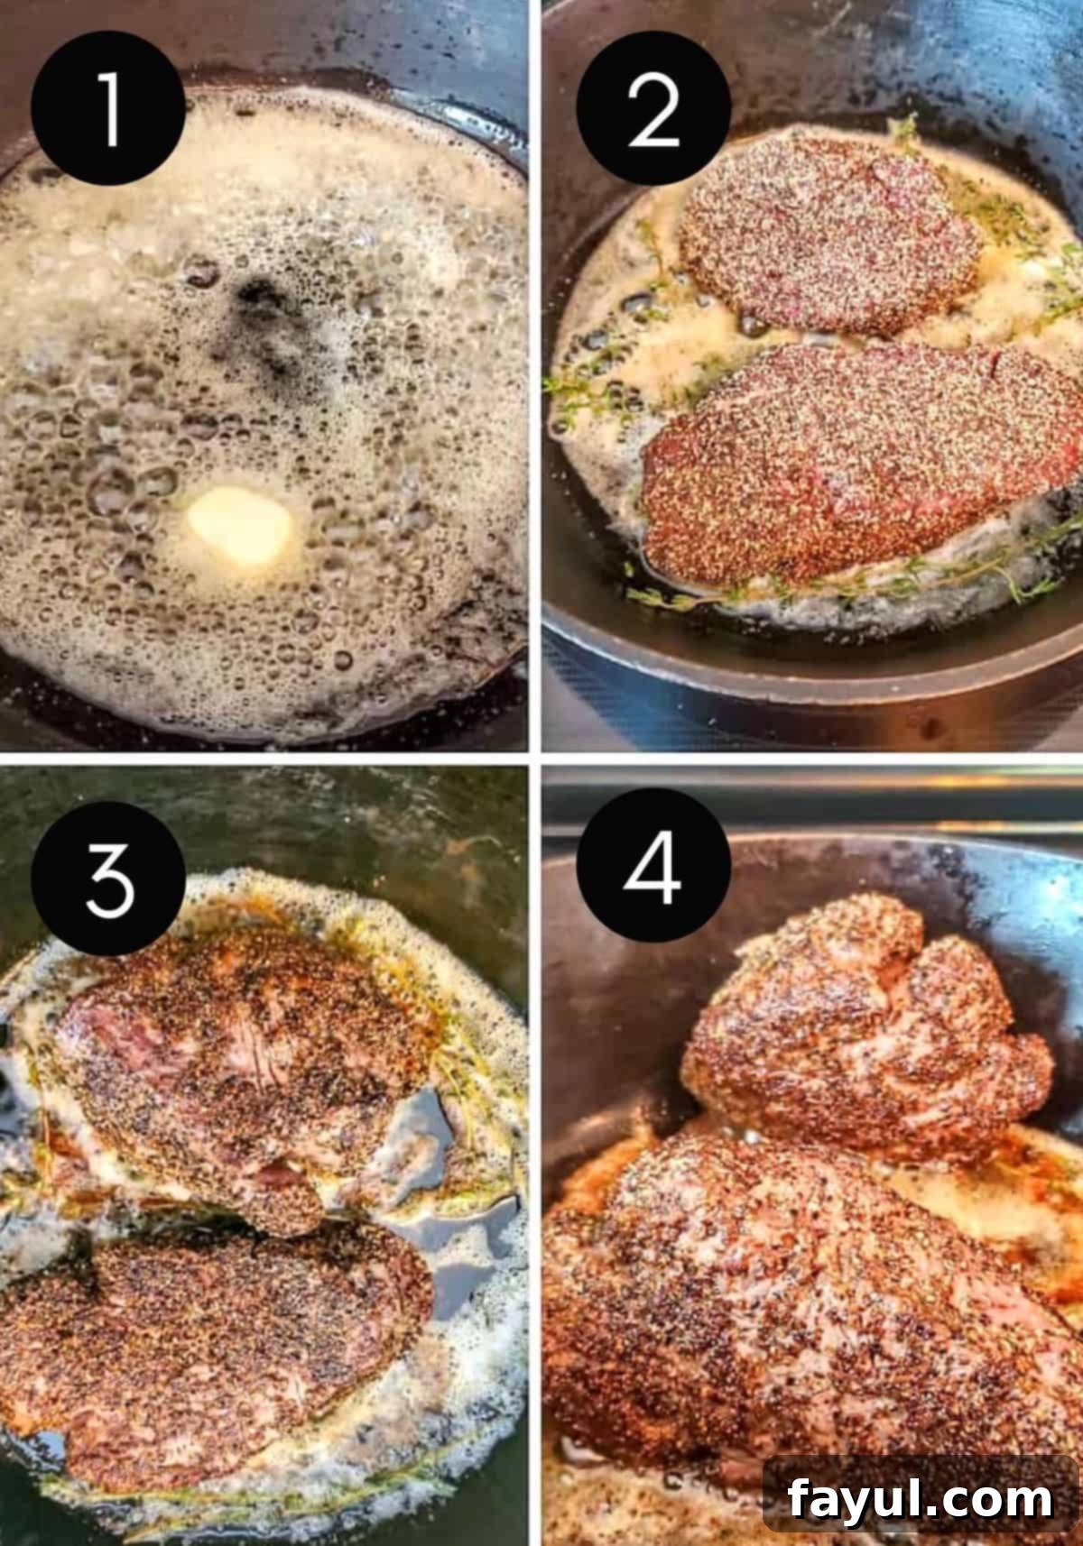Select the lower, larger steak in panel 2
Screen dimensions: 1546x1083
tap(857, 465)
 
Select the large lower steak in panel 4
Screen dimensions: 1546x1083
tap(794, 1299)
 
